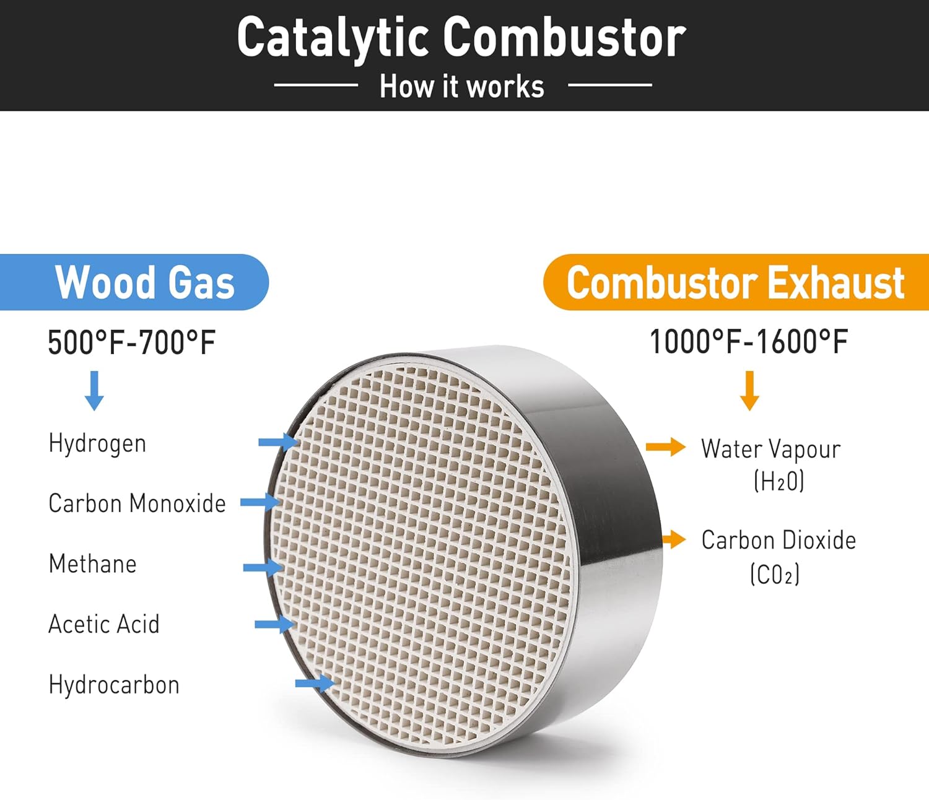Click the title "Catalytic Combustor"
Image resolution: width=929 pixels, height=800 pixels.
coord(461,38)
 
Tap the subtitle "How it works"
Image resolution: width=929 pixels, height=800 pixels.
coord(462,86)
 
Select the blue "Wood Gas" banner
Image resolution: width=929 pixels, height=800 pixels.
coord(134,282)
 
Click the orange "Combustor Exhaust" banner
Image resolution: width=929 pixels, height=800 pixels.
coord(736,282)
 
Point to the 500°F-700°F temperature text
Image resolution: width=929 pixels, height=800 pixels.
coord(132,342)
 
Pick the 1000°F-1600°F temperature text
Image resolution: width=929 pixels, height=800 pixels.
coord(749,342)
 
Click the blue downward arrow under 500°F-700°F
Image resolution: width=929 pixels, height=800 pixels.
coord(94,390)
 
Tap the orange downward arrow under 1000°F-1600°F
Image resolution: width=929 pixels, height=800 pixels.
coord(749,390)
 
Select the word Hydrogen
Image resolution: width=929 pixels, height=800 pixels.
coord(97,443)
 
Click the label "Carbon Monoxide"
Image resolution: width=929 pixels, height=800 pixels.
coord(137,503)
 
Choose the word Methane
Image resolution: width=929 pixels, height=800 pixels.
coord(92,563)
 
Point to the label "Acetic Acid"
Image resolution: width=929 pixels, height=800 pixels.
coord(104,624)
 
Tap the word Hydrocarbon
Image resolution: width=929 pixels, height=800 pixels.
coord(114,685)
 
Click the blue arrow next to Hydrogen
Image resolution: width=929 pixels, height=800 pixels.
coord(279,442)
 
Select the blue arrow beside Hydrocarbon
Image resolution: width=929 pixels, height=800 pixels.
coord(315,683)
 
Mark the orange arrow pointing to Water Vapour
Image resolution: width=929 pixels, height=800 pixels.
coord(666,446)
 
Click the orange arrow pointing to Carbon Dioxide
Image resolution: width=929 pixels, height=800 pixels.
coord(674,539)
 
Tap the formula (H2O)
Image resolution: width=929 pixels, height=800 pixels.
coord(779,481)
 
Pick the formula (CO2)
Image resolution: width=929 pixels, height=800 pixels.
coord(775,575)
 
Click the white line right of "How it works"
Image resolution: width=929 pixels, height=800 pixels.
coord(610,84)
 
